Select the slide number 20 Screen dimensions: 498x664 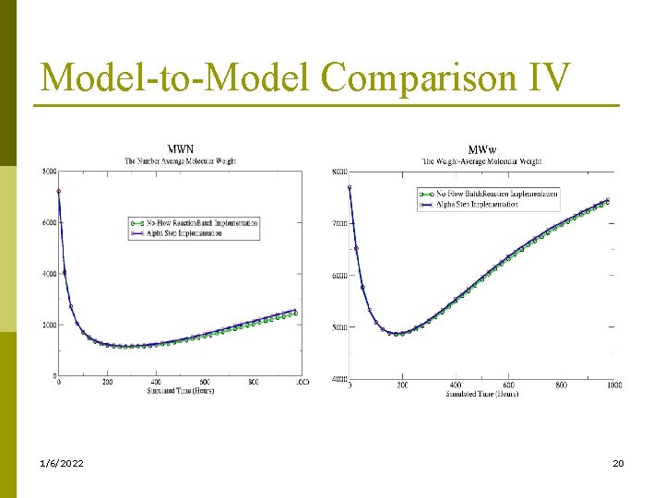point(618,462)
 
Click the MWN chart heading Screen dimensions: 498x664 point(180,148)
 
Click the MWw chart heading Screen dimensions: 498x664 point(481,149)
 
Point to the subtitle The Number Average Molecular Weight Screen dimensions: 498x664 point(180,160)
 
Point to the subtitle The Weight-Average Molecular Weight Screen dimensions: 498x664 point(481,161)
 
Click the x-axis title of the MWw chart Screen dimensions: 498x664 point(481,394)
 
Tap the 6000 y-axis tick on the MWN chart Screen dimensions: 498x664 point(48,222)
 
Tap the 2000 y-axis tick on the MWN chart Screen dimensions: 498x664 point(48,325)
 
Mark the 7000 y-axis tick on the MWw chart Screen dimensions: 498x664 point(339,223)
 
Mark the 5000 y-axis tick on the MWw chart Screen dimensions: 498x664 point(339,327)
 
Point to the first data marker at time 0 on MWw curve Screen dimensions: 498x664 point(350,187)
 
